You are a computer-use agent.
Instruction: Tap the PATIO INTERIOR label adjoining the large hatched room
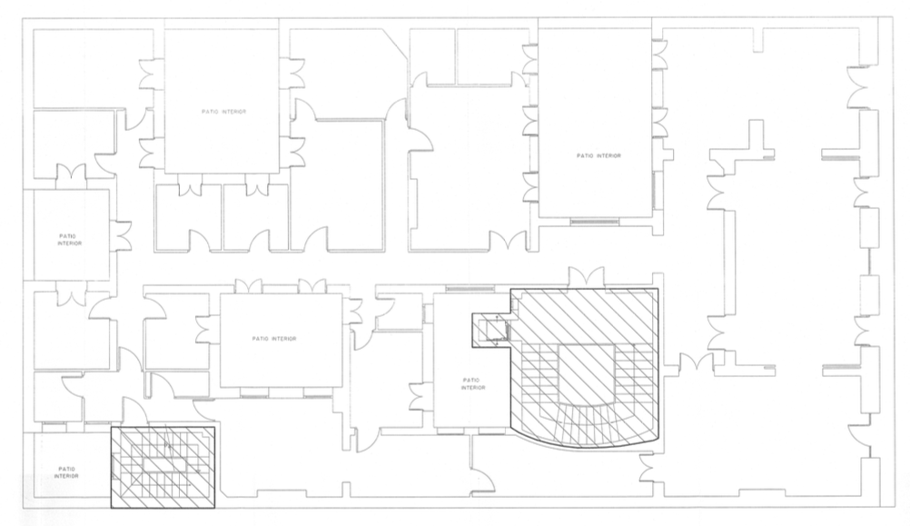coord(473,383)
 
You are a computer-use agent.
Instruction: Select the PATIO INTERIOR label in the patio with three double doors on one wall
coord(598,155)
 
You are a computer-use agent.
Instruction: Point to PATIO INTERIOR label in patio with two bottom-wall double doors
coord(223,112)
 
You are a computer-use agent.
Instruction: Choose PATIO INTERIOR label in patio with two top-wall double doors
coord(274,339)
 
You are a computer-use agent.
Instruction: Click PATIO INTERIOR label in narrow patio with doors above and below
coord(70,240)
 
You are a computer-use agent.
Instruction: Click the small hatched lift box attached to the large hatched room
coord(491,330)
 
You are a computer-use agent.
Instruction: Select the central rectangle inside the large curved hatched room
coord(586,371)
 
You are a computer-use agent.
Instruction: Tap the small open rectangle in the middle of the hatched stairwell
coord(165,464)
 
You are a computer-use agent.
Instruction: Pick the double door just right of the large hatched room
coord(697,362)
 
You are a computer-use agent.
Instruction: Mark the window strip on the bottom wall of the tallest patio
coord(594,221)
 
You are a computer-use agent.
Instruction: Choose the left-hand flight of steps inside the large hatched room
coord(539,372)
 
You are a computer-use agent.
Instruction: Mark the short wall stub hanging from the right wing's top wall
coord(759,40)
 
